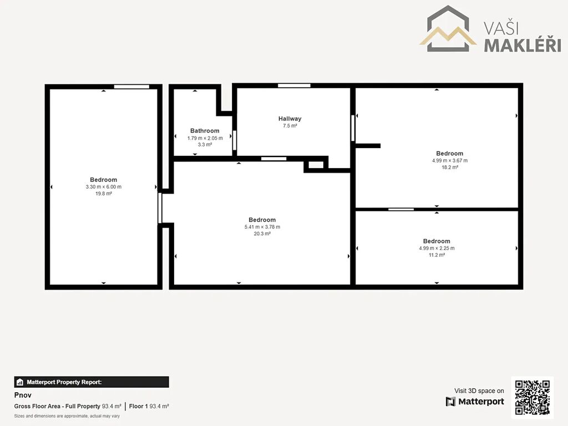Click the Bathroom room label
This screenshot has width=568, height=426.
coord(205,131)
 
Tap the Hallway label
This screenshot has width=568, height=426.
coord(290,119)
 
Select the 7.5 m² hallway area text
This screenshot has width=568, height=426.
coord(290,126)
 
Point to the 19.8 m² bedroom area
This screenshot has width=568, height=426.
coord(104,194)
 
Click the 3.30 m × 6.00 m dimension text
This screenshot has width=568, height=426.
coord(104,187)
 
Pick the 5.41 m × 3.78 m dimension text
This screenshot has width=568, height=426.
coord(262,227)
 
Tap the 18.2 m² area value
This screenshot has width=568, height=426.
coord(450,168)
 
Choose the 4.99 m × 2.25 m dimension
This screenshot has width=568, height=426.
coord(437,248)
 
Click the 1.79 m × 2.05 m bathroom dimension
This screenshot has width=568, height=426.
coord(205,138)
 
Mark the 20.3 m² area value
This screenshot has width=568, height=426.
coord(262,234)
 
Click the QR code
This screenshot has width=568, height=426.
coord(532,397)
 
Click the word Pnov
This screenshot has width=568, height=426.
coord(23,395)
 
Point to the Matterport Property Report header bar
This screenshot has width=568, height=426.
coord(92,382)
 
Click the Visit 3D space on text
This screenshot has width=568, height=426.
coord(479,391)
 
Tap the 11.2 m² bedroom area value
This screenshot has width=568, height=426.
coord(437,255)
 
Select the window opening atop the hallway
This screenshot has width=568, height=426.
coord(294,85)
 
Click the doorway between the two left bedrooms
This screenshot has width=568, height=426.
coord(160,209)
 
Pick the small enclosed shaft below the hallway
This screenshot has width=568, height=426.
coord(316,165)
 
